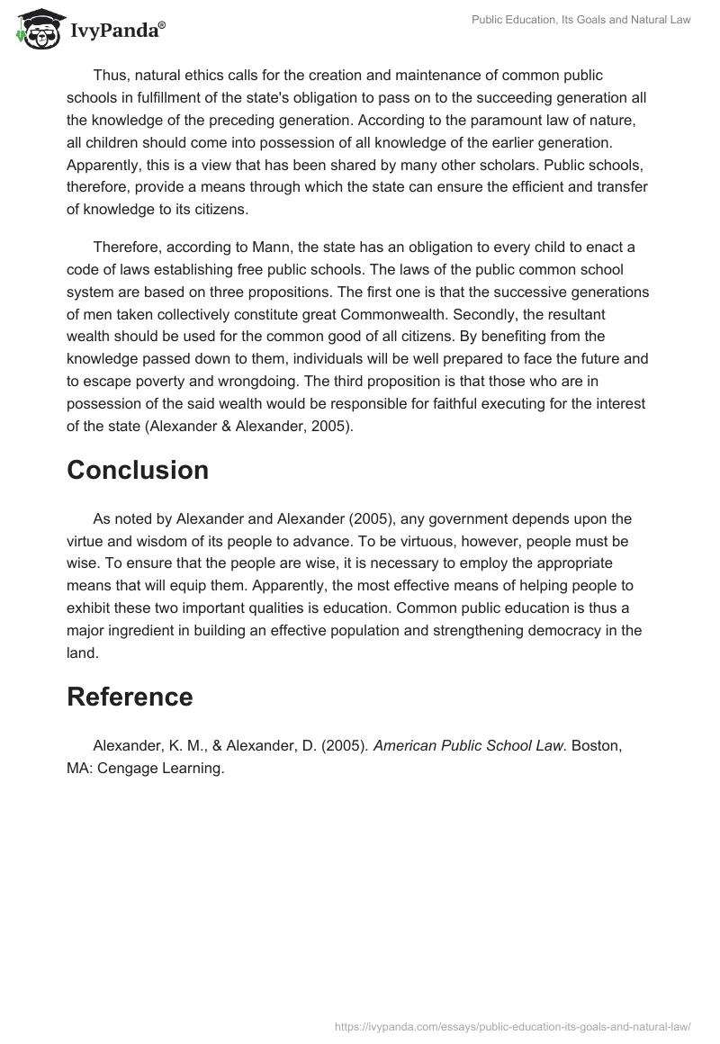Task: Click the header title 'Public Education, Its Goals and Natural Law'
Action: [x=581, y=20]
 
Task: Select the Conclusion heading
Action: [x=138, y=470]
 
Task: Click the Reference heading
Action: [x=130, y=697]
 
